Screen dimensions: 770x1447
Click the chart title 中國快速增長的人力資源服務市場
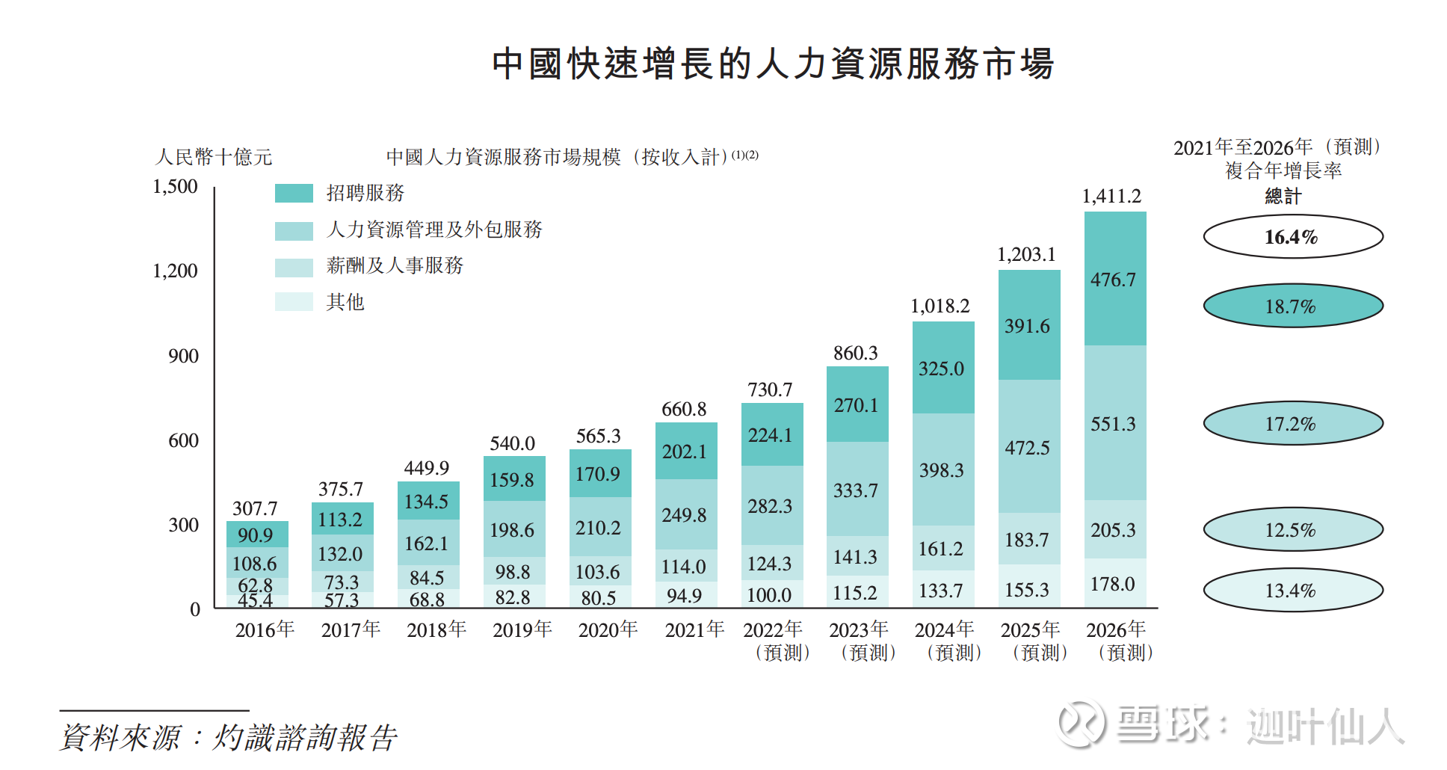click(773, 64)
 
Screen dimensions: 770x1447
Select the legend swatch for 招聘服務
click(294, 193)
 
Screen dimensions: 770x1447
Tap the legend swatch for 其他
click(294, 301)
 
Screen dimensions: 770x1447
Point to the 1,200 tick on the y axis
click(175, 271)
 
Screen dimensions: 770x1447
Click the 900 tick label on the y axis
click(183, 356)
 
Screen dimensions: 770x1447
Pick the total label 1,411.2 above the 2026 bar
click(1111, 196)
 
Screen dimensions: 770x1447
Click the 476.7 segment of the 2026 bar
click(1114, 280)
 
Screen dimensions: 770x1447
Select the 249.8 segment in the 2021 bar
click(685, 515)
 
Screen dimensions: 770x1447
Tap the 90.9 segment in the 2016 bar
click(256, 535)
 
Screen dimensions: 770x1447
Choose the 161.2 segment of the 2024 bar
click(942, 549)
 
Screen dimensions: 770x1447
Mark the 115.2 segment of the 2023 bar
click(856, 593)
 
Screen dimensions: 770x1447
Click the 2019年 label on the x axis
click(522, 630)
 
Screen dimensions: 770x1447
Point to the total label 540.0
click(512, 443)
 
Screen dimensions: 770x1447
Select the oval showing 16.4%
click(1292, 237)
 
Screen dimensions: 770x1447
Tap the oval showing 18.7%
click(1292, 306)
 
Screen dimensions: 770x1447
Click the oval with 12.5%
click(1292, 530)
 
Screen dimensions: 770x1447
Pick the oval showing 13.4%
click(1292, 591)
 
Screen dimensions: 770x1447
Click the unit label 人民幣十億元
click(214, 157)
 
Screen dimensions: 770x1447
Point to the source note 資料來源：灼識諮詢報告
click(228, 738)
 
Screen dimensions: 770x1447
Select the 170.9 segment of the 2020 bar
click(599, 474)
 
